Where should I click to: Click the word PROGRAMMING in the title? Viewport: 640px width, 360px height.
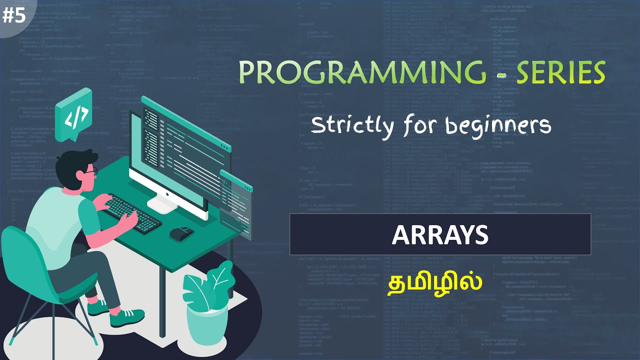tap(362, 73)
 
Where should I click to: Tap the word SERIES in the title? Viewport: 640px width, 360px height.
tap(560, 73)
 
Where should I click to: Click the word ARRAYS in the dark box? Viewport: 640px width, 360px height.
tap(440, 234)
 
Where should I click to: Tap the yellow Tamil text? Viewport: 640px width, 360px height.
tap(435, 282)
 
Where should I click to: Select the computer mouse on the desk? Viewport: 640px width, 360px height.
tap(181, 232)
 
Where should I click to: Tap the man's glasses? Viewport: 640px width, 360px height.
tap(90, 172)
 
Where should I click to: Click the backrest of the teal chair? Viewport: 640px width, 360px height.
tap(22, 260)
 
